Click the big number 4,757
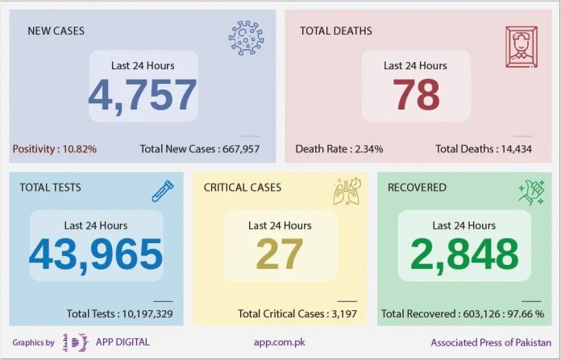click(x=143, y=94)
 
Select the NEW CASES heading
click(x=56, y=31)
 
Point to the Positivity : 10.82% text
click(x=54, y=149)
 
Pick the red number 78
click(x=416, y=94)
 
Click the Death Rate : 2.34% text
click(x=339, y=149)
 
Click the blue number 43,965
click(x=96, y=254)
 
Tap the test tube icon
click(x=164, y=190)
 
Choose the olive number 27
click(x=280, y=254)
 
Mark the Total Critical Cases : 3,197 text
click(x=297, y=313)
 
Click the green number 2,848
click(x=464, y=254)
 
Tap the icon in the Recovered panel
click(x=531, y=192)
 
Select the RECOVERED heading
click(x=417, y=188)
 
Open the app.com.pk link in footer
click(x=280, y=342)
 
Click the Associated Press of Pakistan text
click(x=491, y=342)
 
